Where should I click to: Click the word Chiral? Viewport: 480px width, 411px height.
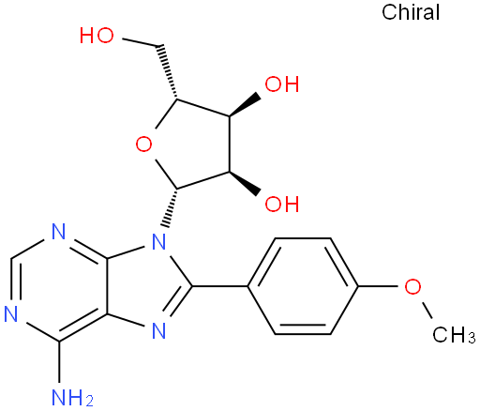(x=411, y=12)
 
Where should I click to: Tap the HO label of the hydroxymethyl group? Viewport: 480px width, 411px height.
(x=97, y=35)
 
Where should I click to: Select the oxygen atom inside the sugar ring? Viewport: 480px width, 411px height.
(x=144, y=145)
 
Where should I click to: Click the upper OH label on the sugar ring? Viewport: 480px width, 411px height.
(x=282, y=84)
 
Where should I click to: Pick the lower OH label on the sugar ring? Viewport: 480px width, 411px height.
(x=282, y=204)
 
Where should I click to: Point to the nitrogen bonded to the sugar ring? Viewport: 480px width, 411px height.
(x=159, y=241)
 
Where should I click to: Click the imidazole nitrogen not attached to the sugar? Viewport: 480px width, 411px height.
(x=159, y=331)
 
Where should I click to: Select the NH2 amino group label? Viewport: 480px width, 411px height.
(x=72, y=398)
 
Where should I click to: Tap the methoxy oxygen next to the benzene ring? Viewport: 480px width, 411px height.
(x=412, y=286)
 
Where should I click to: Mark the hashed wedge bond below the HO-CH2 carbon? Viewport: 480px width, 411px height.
(x=168, y=72)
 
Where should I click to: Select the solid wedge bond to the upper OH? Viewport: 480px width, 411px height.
(x=245, y=105)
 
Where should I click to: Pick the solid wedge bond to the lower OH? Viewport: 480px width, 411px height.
(x=245, y=183)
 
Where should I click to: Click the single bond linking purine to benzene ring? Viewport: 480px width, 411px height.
(x=219, y=286)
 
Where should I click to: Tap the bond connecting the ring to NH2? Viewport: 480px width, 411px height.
(x=59, y=362)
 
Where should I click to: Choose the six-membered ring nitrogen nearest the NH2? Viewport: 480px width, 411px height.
(x=11, y=313)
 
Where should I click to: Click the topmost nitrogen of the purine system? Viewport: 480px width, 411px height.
(x=59, y=232)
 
